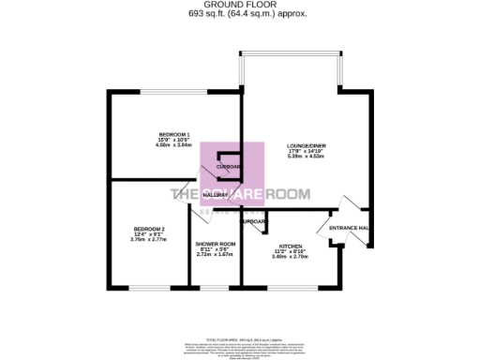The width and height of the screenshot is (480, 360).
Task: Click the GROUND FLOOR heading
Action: [x=240, y=5]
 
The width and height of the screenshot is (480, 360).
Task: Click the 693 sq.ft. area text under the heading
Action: [x=240, y=14]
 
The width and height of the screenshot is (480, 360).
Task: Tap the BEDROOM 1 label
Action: [x=173, y=134]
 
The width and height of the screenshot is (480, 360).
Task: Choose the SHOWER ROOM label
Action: [x=215, y=244]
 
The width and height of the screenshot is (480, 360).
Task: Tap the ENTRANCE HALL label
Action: [x=348, y=228]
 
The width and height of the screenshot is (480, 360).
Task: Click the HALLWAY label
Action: [x=215, y=195]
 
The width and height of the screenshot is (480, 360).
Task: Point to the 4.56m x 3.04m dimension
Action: [x=173, y=145]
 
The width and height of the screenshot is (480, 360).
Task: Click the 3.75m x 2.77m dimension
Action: [x=148, y=240]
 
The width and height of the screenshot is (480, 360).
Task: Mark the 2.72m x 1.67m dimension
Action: [x=215, y=255]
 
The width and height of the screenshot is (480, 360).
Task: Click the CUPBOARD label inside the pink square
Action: [x=229, y=167]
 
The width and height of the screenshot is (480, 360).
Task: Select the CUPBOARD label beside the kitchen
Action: [x=253, y=222]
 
